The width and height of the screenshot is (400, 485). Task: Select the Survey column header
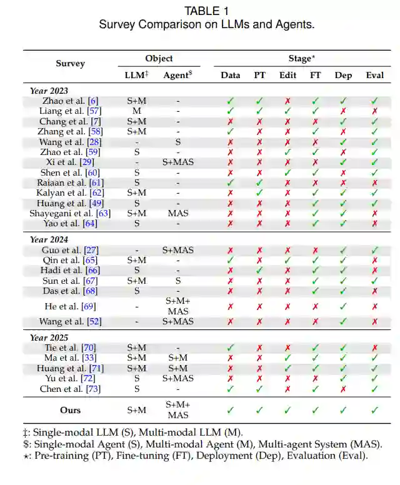pos(70,63)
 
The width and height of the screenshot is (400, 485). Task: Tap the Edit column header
pos(287,75)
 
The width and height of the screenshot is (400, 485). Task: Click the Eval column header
pos(375,75)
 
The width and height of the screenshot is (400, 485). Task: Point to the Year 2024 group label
pos(49,239)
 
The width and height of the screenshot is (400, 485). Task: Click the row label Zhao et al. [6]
pos(70,101)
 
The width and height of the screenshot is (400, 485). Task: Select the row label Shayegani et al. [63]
pos(70,213)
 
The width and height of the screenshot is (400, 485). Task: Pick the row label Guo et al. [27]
pos(70,250)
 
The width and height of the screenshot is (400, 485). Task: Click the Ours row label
pos(70,410)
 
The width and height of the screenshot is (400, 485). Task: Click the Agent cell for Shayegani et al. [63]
pos(178,213)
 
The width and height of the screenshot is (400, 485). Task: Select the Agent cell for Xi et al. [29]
pos(178,162)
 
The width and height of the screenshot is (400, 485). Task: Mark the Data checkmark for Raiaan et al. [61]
pos(231,182)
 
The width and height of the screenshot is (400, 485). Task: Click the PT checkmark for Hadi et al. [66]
pos(259,270)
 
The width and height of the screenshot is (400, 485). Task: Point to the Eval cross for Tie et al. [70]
pos(375,347)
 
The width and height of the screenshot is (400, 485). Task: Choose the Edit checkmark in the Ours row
pos(287,410)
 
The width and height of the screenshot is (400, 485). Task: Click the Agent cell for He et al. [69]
pos(178,306)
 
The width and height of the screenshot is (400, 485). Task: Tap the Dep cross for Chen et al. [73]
pos(342,389)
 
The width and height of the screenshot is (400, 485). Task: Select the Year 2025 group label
pos(49,337)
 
